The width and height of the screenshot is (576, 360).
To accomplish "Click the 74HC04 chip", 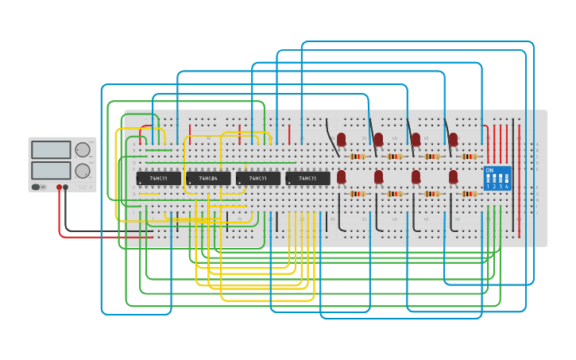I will (208, 179).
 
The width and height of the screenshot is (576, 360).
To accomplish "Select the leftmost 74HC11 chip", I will (158, 179).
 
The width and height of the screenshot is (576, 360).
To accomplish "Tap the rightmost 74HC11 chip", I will (307, 179).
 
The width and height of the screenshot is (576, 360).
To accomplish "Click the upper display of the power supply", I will (51, 149).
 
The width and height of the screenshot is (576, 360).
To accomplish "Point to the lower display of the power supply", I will (51, 170).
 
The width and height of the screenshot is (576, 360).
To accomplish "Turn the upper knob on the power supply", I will (83, 149).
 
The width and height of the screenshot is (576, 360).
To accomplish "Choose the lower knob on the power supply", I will (83, 171).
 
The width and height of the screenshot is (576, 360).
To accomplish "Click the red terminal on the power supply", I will (59, 188).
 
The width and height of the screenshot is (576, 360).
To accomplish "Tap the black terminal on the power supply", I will (66, 188).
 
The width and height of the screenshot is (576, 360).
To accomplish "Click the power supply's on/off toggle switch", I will (36, 188).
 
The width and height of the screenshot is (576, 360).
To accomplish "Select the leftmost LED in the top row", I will (341, 140).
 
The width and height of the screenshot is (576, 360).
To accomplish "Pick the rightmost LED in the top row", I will (453, 140).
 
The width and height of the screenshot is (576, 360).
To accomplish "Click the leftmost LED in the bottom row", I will (341, 176).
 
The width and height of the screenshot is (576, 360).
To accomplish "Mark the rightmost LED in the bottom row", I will (453, 176).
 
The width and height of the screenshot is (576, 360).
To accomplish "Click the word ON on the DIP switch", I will (489, 170).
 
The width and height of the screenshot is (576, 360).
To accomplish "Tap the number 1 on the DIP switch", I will (488, 187).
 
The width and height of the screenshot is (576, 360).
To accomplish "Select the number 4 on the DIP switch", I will (506, 187).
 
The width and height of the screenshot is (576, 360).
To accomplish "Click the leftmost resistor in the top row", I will (358, 157).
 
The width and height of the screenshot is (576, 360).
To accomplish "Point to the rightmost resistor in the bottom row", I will (470, 193).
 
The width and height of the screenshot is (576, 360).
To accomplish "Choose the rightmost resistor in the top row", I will (470, 157).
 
